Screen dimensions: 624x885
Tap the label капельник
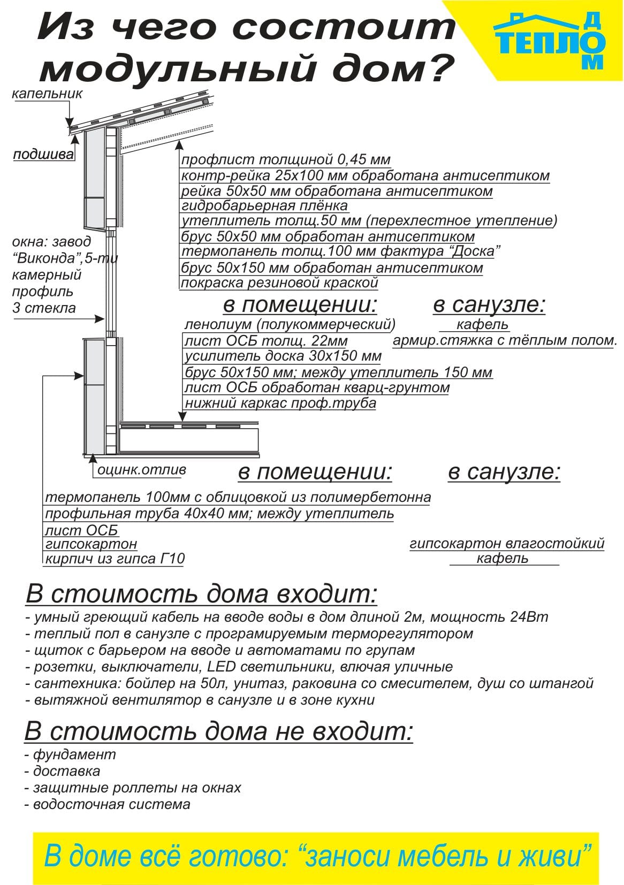[47, 94]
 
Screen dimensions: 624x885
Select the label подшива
[43, 154]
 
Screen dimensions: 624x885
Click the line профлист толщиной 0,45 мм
[286, 159]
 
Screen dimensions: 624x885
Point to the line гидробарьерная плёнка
[264, 206]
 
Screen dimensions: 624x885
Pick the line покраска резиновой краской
[279, 283]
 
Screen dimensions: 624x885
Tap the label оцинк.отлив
[141, 470]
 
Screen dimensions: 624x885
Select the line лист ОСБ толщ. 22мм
[266, 340]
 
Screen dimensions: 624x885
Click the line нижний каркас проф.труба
[280, 403]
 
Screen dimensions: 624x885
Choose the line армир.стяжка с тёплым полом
[505, 340]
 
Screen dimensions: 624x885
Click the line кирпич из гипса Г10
[115, 559]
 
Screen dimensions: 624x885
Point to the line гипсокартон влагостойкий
[507, 544]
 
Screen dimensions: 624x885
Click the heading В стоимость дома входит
[202, 594]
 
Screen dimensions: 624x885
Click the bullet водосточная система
[108, 804]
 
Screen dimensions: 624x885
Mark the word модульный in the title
[178, 68]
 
